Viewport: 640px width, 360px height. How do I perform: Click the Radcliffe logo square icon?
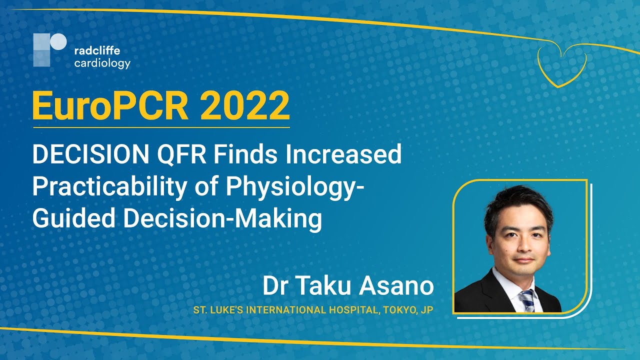(x=49, y=50)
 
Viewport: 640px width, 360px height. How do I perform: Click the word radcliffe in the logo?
(x=97, y=50)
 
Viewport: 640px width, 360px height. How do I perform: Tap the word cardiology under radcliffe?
(x=102, y=63)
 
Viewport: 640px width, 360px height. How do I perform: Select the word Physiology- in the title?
(x=295, y=186)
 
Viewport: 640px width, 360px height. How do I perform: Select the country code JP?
(x=426, y=310)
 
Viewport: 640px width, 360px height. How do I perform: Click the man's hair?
(x=517, y=200)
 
